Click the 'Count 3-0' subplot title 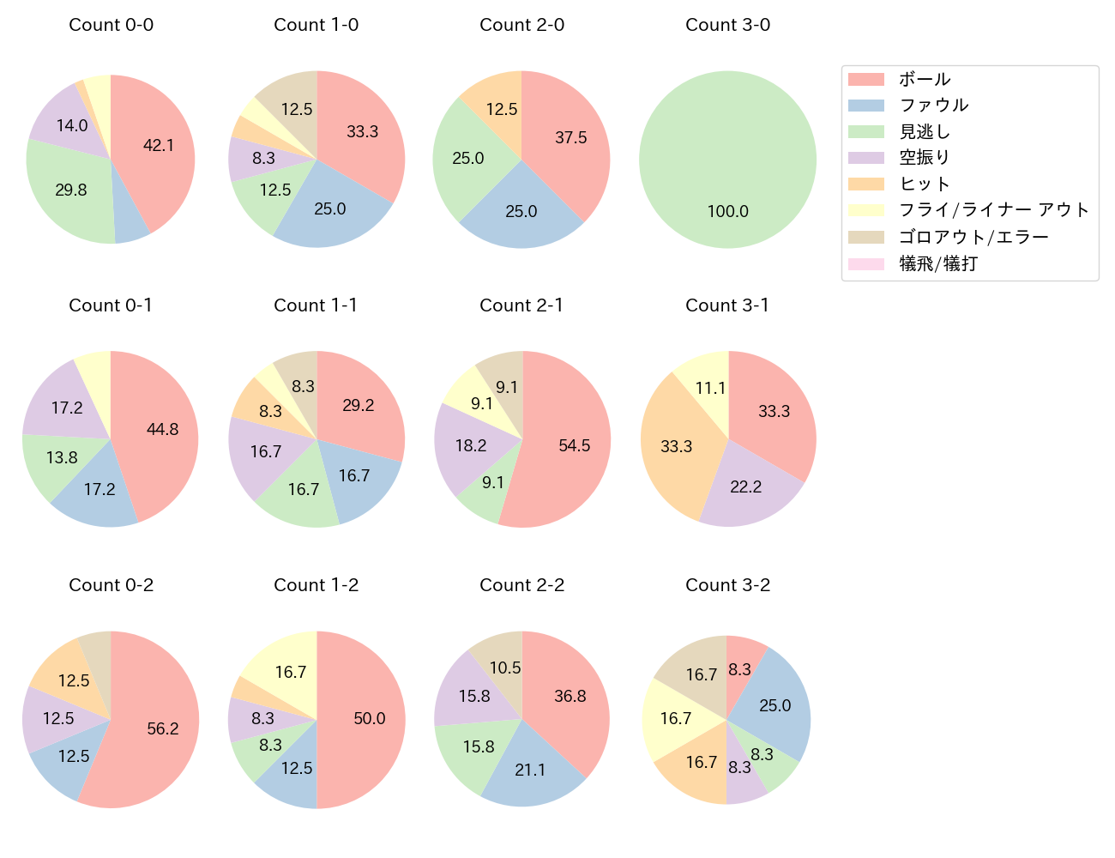point(727,25)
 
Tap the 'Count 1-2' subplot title point(316,585)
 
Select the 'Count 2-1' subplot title point(521,305)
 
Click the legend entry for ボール point(924,79)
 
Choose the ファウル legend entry point(933,106)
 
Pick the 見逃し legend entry point(924,131)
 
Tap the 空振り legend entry point(924,158)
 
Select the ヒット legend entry point(924,184)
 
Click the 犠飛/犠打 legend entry point(937,263)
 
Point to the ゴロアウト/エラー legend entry point(973,237)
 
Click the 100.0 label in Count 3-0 point(727,211)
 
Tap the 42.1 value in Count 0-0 point(159,146)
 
